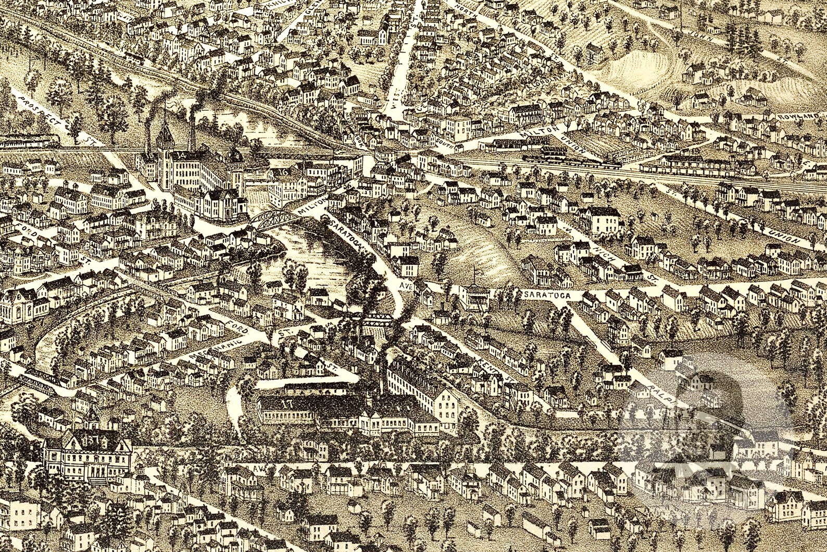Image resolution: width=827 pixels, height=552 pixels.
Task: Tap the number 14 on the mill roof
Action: coord(182,155)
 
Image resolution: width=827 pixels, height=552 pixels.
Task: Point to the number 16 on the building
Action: coord(283,171)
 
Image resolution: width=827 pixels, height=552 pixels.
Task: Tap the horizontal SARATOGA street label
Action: coord(546,295)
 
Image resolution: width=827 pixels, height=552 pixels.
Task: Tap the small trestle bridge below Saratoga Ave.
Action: coord(378,317)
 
